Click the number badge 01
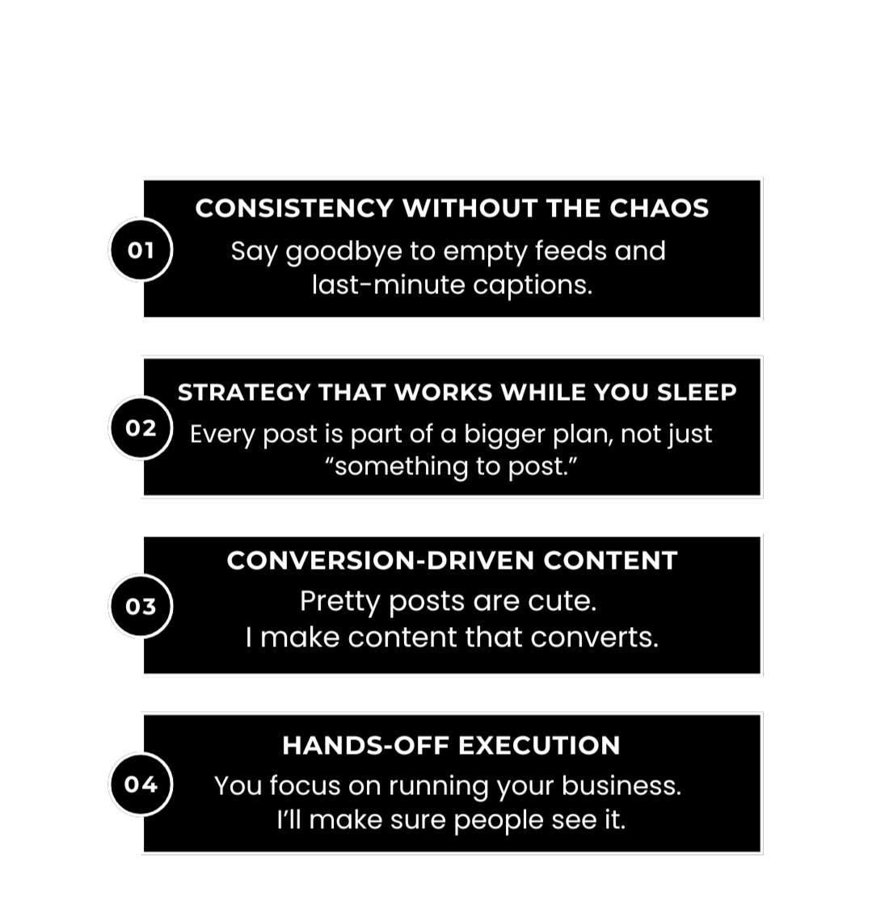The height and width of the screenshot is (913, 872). click(141, 250)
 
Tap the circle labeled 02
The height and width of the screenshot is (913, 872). click(141, 428)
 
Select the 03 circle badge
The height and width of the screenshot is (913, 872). click(141, 606)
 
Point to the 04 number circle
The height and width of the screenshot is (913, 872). click(141, 785)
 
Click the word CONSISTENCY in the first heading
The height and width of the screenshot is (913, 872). click(294, 208)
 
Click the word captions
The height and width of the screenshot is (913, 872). click(533, 285)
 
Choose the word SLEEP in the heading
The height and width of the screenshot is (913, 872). click(697, 393)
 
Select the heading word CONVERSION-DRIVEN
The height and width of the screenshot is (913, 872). click(381, 561)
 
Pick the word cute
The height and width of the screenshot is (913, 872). click(562, 601)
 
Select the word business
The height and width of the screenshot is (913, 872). click(621, 786)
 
